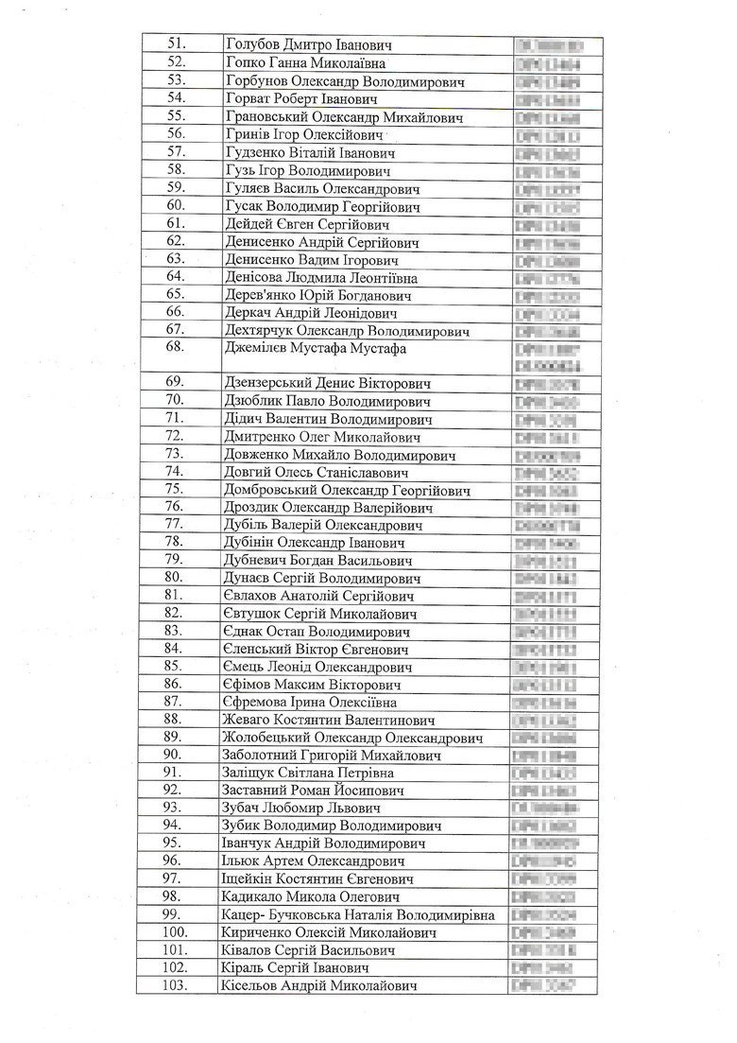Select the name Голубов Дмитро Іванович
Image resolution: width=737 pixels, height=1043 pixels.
point(309,45)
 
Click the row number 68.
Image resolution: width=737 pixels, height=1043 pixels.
point(176,348)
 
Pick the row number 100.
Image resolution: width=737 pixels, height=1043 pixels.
point(176,932)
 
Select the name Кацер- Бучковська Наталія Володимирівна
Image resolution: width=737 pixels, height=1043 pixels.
point(360,914)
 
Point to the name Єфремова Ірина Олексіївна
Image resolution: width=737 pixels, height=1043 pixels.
point(309,702)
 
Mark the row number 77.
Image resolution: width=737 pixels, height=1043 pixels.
point(176,525)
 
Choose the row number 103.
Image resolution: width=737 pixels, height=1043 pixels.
point(176,985)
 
